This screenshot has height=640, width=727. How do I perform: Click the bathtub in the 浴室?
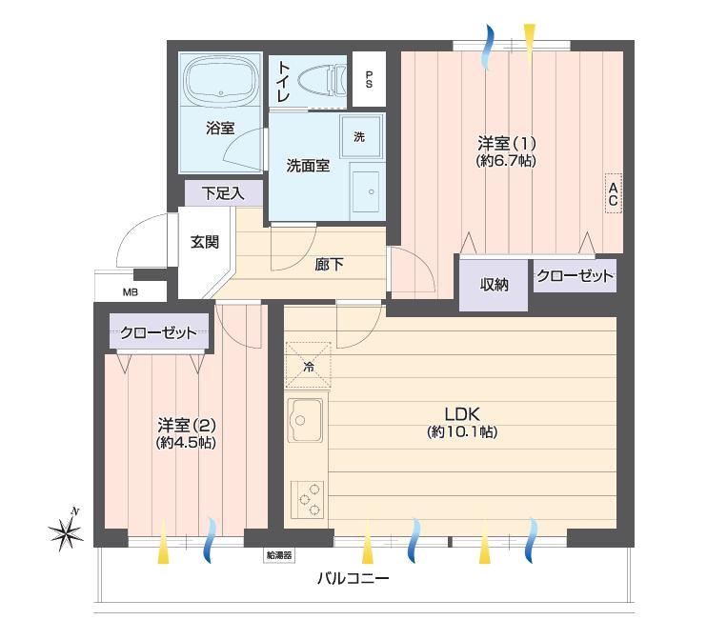(221, 79)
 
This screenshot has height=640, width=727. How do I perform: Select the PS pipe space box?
(369, 79)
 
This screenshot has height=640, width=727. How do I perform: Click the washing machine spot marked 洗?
(361, 136)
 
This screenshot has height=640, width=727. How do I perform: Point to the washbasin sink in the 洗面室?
(366, 191)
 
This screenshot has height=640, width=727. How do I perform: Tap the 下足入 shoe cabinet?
(224, 192)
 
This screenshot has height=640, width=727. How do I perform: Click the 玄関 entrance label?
(205, 242)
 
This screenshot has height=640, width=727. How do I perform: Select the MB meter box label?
(131, 292)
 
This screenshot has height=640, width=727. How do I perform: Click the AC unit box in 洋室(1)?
(613, 193)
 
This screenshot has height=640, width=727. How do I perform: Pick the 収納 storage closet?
(494, 285)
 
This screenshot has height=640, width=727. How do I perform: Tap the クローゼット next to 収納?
(575, 276)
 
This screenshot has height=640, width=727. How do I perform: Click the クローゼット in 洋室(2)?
(159, 331)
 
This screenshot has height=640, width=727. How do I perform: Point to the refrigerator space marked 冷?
(308, 365)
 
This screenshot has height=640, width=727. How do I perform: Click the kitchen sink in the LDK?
(305, 420)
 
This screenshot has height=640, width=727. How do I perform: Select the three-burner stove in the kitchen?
(307, 500)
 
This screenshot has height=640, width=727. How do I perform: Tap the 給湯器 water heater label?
(279, 554)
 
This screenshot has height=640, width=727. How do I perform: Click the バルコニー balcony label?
(353, 578)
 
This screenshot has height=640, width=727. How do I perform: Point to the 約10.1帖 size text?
(462, 432)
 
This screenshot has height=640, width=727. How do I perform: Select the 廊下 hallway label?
(329, 265)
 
